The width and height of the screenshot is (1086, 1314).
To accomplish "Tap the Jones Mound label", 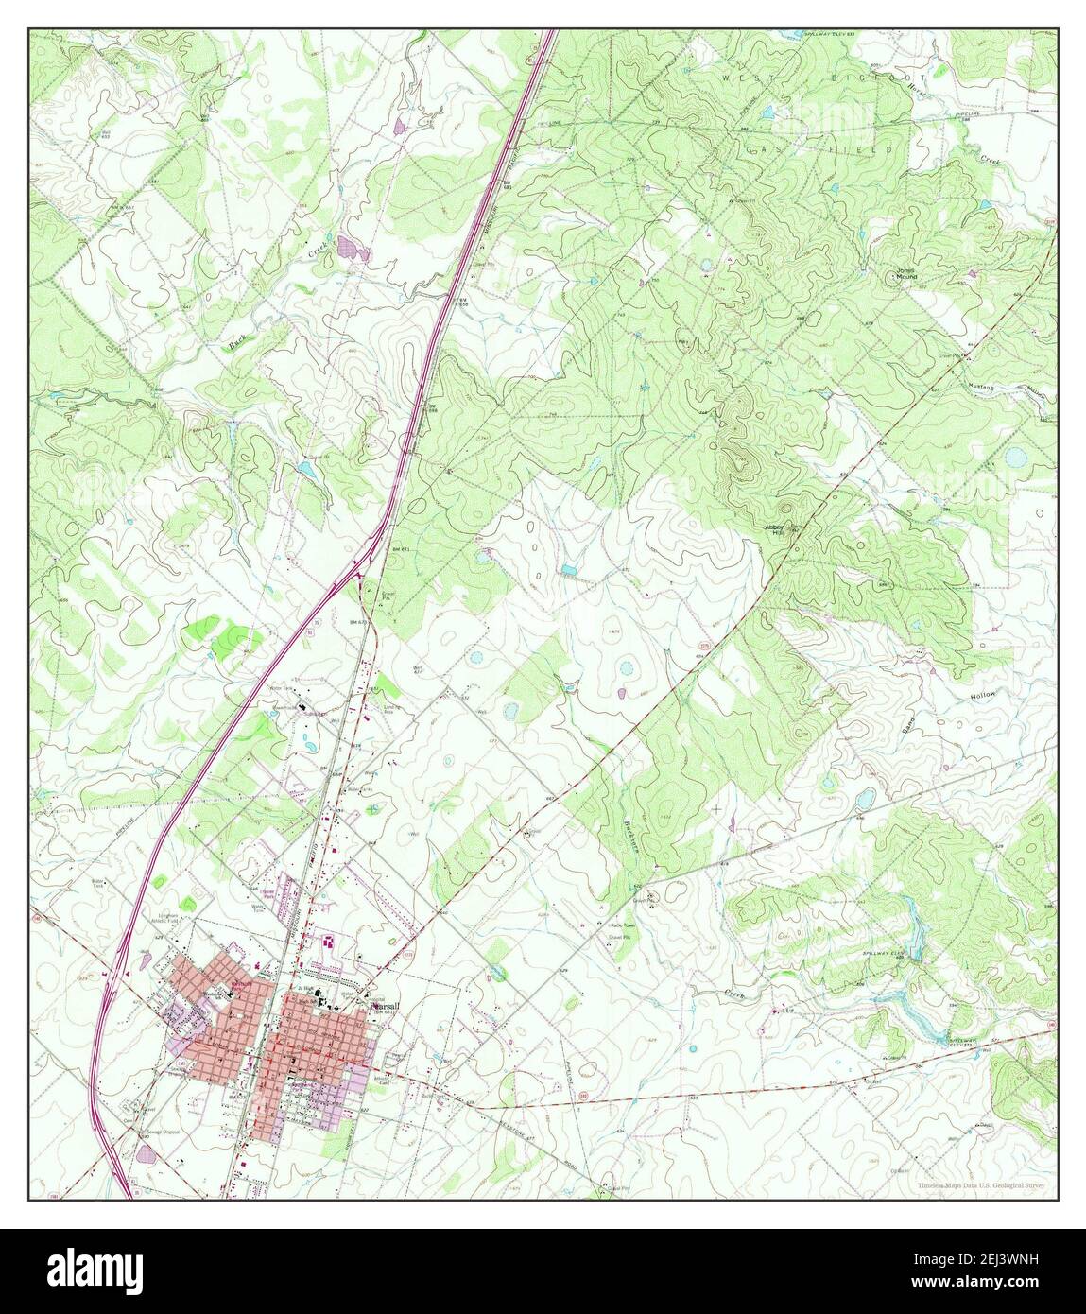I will (x=905, y=275).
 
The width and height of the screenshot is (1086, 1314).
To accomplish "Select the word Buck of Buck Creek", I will (x=237, y=345).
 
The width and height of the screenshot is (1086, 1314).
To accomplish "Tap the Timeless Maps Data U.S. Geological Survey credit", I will (x=983, y=1184).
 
